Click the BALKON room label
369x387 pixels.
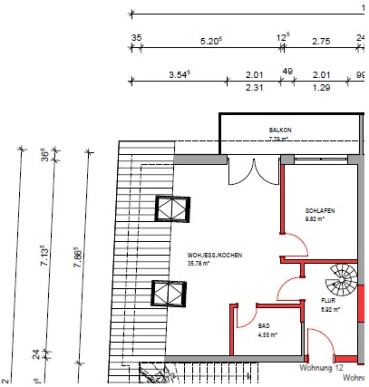click(x=280, y=131)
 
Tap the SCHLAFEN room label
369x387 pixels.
click(x=320, y=211)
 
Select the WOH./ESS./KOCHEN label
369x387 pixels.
click(x=215, y=255)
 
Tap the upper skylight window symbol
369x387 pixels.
click(x=173, y=209)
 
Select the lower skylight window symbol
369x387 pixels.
click(x=169, y=293)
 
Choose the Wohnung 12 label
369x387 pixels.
click(x=321, y=368)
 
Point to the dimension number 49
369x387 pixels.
click(x=287, y=72)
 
